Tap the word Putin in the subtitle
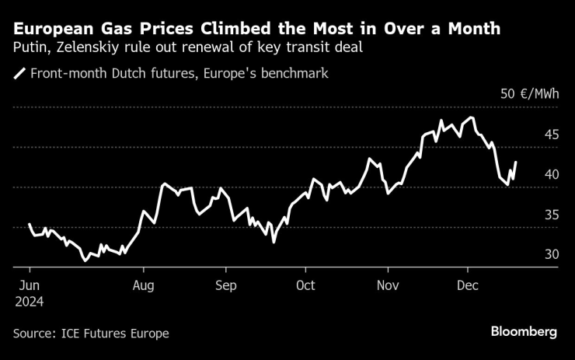(30, 47)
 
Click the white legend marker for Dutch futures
(19, 75)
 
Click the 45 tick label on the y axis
(551, 135)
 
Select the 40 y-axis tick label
(551, 175)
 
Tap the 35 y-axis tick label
(551, 215)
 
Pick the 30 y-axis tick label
(551, 255)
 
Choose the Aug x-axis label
(145, 285)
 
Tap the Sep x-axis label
(225, 285)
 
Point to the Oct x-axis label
(305, 285)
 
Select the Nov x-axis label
(387, 285)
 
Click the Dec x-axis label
(467, 285)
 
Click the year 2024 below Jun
(30, 301)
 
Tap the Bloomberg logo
(524, 332)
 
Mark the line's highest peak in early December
(471, 117)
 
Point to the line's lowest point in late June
(85, 260)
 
